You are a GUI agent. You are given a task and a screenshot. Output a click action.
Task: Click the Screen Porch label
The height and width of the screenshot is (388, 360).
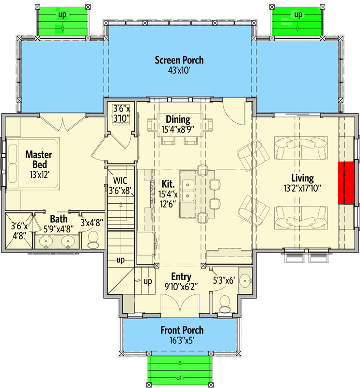[x=179, y=60]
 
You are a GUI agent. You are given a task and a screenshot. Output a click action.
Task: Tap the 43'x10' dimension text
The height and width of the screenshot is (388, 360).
[x=179, y=70]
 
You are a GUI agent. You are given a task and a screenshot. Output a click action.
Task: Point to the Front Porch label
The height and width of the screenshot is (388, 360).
[x=182, y=330]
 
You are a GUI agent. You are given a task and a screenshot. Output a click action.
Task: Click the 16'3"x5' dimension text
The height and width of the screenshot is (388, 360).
[x=182, y=340]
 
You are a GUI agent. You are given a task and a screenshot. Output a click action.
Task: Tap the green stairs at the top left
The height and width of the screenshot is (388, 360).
[x=62, y=22]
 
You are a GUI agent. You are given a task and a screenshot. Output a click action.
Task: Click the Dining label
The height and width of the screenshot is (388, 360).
[x=178, y=119]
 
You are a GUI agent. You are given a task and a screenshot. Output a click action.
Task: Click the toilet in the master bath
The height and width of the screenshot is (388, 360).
[x=93, y=238]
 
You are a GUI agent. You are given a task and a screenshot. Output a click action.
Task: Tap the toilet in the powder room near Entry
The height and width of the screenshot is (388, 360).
[x=225, y=305]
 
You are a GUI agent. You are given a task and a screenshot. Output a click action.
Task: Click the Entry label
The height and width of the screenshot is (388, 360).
[x=181, y=277]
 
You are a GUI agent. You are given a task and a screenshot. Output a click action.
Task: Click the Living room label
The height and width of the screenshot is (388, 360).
[x=302, y=178]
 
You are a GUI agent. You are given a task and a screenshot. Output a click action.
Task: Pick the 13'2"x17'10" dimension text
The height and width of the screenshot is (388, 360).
[x=302, y=188]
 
